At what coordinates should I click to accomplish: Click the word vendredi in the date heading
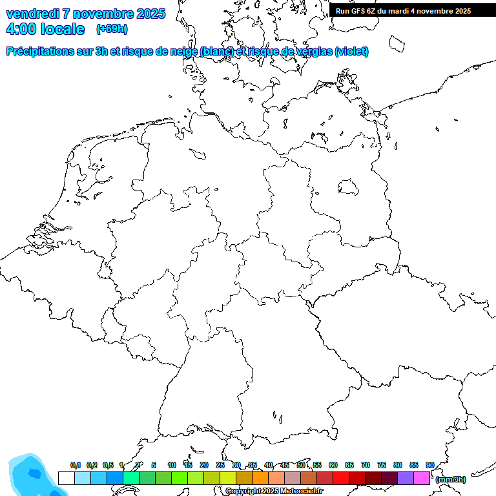[x=34, y=14]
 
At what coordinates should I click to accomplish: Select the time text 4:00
[x=21, y=29]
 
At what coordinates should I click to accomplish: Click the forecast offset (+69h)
[x=112, y=29]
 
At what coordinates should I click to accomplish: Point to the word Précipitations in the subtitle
[x=45, y=52]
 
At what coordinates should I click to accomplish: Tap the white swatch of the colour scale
[x=66, y=479]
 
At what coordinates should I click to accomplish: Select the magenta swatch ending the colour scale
[x=422, y=479]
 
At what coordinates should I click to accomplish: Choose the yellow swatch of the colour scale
[x=228, y=479]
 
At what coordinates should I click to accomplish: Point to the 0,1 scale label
[x=76, y=465]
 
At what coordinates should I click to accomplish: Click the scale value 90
[x=429, y=465]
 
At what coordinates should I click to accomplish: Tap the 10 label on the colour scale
[x=172, y=465]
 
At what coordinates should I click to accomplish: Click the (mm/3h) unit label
[x=451, y=479]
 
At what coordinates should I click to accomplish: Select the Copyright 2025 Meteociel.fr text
[x=274, y=491]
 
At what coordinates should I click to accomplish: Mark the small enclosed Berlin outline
[x=349, y=187]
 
